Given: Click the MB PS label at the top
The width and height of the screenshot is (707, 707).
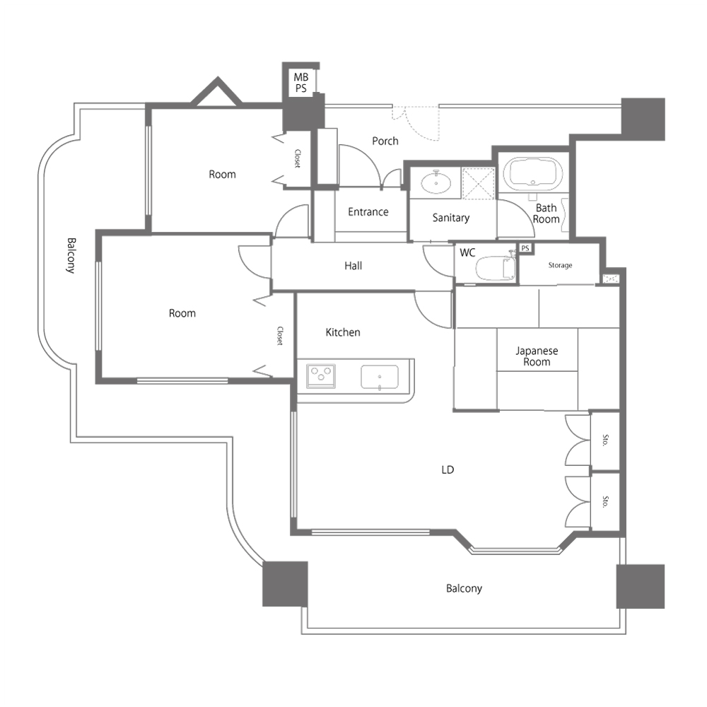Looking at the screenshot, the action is coord(301,83).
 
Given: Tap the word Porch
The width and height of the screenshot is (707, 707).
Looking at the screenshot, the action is coord(385,141).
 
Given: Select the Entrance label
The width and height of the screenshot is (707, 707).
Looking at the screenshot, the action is coord(368,212).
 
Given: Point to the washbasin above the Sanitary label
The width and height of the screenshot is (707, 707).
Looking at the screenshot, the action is coord(436,182).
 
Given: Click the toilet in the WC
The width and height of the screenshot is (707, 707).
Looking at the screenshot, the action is coord(495,267).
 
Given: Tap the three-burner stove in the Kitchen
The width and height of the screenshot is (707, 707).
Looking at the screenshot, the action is coord(321,375).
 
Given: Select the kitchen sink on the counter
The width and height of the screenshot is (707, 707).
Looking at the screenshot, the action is coord(380,377).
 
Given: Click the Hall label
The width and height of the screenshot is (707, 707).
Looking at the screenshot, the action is coord(353,266).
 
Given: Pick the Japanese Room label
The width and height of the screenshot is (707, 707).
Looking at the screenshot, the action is coord(537,356).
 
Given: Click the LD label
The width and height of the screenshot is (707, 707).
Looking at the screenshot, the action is coord(448,470).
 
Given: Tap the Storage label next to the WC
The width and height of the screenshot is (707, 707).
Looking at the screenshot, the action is coord(560,265).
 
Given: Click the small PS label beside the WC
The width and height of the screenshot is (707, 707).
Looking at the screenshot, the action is coord(525,248).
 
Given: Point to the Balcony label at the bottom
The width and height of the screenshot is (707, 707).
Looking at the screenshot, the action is coord(464,588).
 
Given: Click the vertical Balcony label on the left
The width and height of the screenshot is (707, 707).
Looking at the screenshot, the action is coord(71,255).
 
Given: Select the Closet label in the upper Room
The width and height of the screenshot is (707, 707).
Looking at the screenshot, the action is coord(297,158).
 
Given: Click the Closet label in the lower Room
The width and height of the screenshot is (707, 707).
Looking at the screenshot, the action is coord(280,336).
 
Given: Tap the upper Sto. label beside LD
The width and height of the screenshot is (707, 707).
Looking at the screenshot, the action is coord(606,440).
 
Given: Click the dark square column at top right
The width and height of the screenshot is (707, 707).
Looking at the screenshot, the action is coord(643,119).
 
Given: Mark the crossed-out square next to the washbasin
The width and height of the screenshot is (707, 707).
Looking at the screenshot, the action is coord(479,183).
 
